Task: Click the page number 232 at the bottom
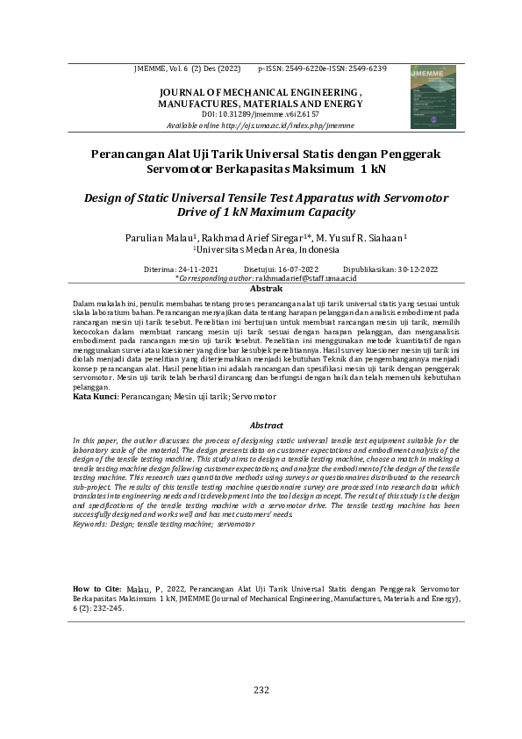coord(261,689)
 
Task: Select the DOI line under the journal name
coord(260,115)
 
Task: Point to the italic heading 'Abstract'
coord(266,423)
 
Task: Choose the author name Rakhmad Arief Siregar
coord(250,238)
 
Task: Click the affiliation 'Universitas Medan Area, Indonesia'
coord(260,249)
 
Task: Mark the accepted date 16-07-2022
coord(292,269)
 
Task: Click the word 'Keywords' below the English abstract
coord(90,523)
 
